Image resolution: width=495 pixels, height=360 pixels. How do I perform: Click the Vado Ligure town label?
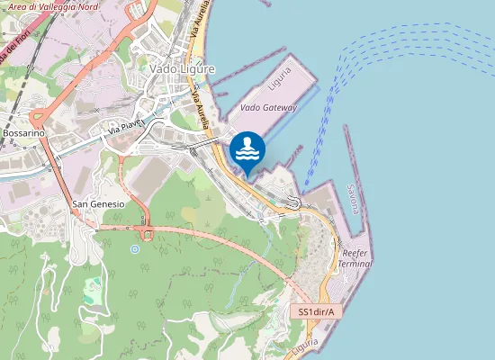pyautogui.click(x=183, y=69)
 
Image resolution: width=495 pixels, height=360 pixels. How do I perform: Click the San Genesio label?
pyautogui.click(x=98, y=205)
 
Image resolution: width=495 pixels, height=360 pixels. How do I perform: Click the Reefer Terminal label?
pyautogui.click(x=357, y=260)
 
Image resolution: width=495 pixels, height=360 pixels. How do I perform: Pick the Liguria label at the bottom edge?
pyautogui.click(x=306, y=345)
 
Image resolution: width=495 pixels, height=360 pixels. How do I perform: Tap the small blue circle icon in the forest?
pyautogui.click(x=135, y=248)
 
